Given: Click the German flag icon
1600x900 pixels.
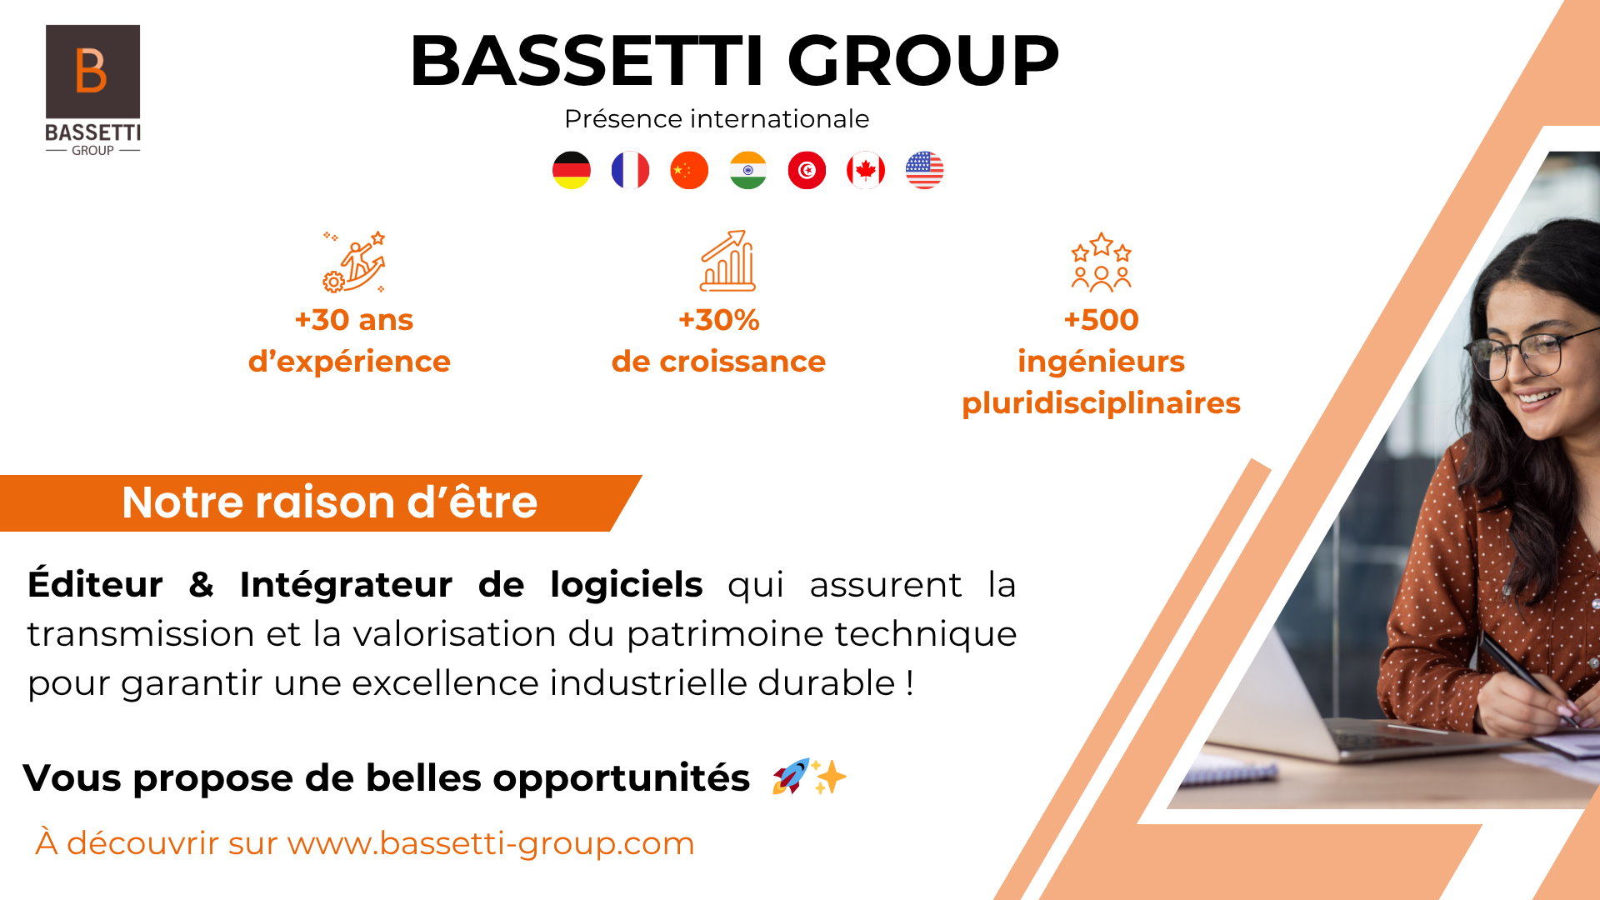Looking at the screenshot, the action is (x=572, y=170).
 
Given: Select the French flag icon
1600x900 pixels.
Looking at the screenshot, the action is (x=630, y=170).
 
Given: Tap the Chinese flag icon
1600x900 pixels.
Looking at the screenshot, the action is (x=689, y=170).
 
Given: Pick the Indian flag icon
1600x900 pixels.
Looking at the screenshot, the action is (x=748, y=170).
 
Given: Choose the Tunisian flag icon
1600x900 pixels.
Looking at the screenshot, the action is (x=807, y=170).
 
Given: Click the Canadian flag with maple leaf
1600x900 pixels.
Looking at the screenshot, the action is (x=866, y=170).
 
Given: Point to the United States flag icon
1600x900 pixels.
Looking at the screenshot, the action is (x=924, y=170).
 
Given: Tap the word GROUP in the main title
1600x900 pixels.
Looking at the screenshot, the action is (x=923, y=61).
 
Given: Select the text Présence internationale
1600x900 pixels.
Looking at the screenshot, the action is (x=717, y=119).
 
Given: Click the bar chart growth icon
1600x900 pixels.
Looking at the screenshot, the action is (x=727, y=261).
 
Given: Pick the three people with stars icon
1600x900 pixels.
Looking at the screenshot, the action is (x=1101, y=262).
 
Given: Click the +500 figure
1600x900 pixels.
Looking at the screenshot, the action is (x=1101, y=320).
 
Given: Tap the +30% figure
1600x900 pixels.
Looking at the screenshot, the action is (x=719, y=320).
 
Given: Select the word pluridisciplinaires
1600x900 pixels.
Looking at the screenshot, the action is (x=1101, y=404).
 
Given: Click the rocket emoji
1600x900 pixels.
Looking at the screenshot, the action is (x=790, y=777).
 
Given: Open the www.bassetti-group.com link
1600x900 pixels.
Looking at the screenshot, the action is (x=491, y=844).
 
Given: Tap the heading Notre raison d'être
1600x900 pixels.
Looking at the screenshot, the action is (x=330, y=502).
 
